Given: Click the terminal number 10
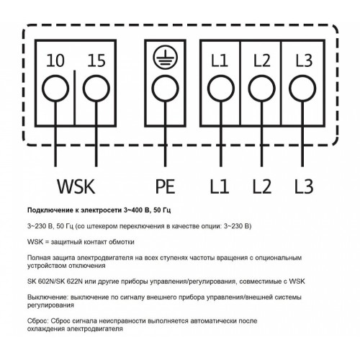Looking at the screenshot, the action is tap(55, 60).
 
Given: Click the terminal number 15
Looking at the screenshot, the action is tap(96, 60).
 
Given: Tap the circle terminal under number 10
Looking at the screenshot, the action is tap(55, 89).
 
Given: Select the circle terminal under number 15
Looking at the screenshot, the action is tap(96, 89).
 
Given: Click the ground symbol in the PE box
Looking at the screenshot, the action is tap(165, 58).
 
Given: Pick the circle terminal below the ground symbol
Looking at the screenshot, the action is tap(166, 89).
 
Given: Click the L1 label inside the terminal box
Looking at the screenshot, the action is tap(220, 60).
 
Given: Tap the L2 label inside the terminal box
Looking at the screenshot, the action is tap(261, 60).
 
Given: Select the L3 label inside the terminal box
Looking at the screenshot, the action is tap(304, 60).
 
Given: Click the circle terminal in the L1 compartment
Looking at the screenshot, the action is tap(221, 89).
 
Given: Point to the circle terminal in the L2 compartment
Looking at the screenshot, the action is tap(261, 89).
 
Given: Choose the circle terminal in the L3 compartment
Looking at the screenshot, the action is tap(302, 89).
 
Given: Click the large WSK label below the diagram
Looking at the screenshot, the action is tap(76, 186).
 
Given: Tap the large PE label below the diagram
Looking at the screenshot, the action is tap(165, 186).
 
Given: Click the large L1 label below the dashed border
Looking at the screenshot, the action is tap(220, 186).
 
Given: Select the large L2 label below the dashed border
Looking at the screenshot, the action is tap(262, 186).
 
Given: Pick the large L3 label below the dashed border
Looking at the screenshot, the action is tap(304, 186).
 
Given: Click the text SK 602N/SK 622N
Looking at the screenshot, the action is tap(55, 282).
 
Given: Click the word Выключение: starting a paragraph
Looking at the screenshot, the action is tap(48, 297).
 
